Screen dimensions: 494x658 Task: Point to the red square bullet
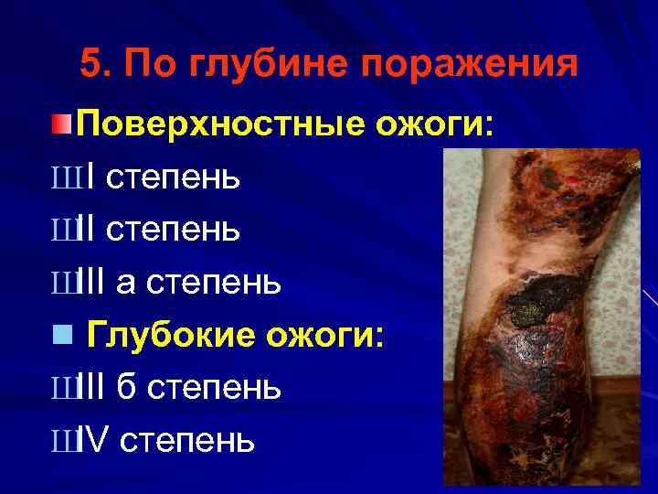click(x=59, y=123)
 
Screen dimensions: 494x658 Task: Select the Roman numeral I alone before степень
click(x=84, y=177)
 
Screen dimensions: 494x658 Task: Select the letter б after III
click(x=128, y=388)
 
